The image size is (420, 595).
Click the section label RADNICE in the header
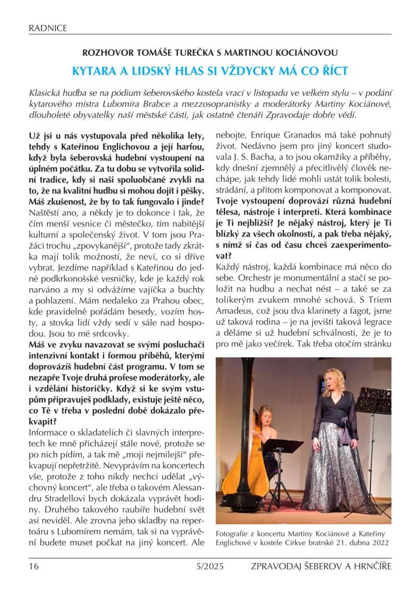tap(48, 27)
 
